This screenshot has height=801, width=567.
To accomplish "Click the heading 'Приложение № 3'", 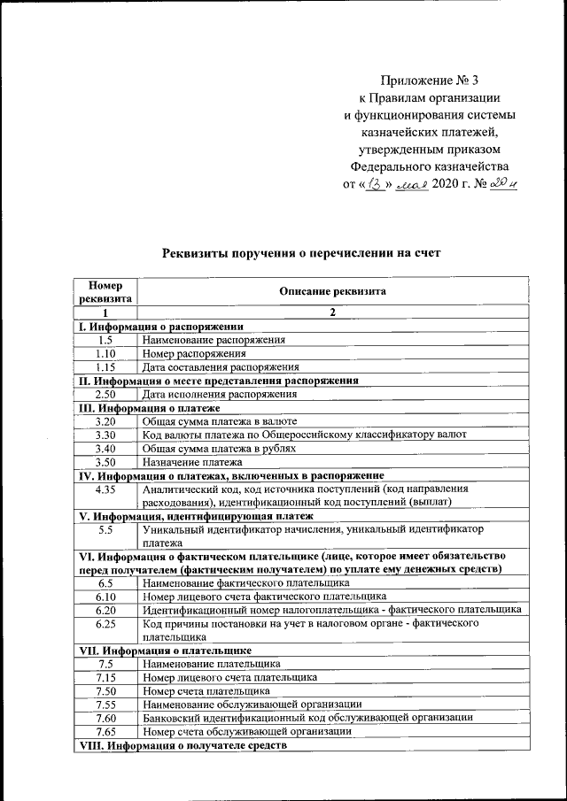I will point(427,81).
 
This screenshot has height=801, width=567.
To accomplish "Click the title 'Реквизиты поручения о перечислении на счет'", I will point(300,253).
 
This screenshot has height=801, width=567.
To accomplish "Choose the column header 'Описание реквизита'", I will point(332,291).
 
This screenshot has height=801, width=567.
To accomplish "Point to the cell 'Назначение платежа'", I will point(192,462).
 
